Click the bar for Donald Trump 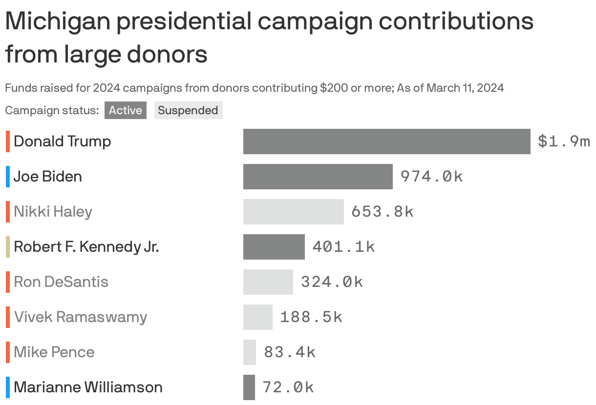(386, 142)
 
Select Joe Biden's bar (318, 177)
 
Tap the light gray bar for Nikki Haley (293, 212)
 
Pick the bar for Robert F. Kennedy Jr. (274, 247)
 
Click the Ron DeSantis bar (268, 282)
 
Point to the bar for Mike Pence (250, 352)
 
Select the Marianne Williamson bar (249, 387)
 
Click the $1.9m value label (563, 142)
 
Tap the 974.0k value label (431, 177)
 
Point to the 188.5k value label (311, 317)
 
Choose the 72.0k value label (288, 387)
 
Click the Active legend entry (125, 110)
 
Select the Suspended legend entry (188, 110)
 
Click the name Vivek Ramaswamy (81, 317)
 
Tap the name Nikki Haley (53, 212)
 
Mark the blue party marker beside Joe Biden (8, 177)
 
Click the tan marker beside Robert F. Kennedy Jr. (8, 247)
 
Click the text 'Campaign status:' (52, 110)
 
